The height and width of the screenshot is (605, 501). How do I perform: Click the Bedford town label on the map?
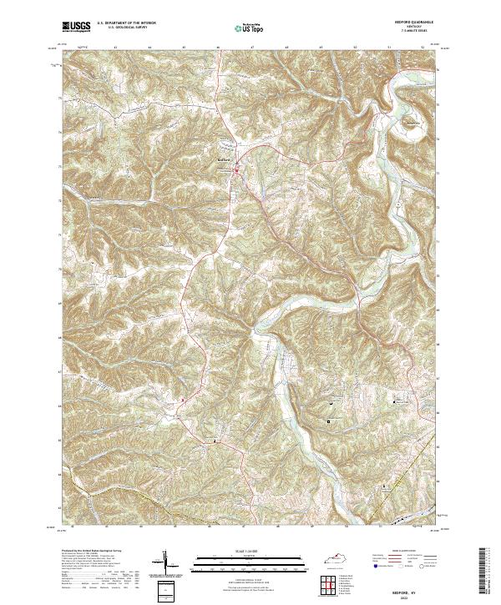pyautogui.click(x=222, y=159)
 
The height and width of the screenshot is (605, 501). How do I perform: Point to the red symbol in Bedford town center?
pyautogui.click(x=235, y=172)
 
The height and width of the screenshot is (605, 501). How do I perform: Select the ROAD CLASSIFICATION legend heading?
pyautogui.click(x=400, y=551)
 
